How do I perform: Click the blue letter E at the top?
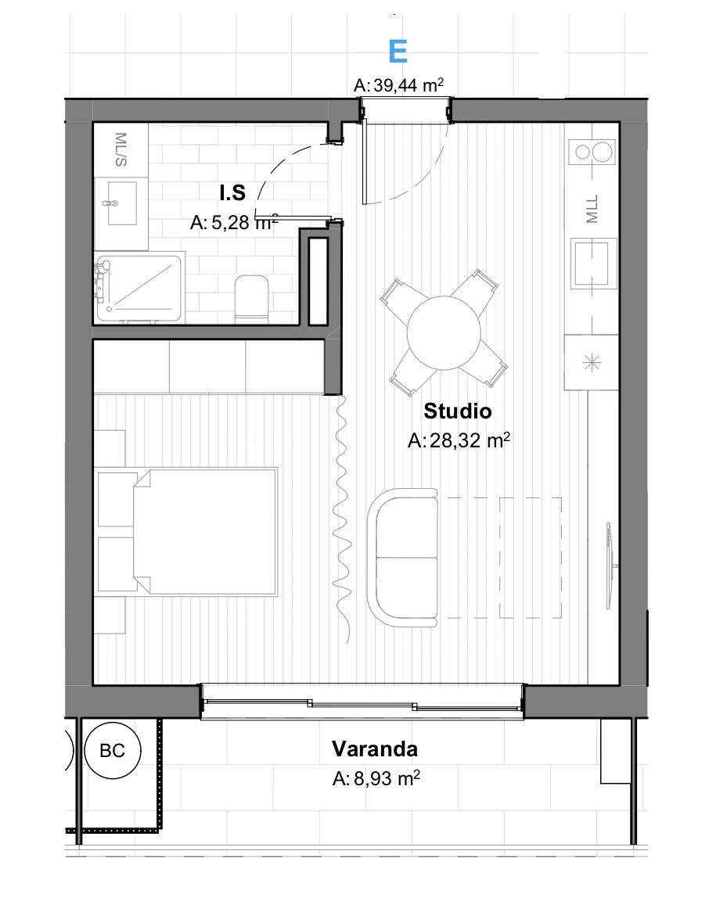pos(398,52)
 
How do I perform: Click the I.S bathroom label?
pos(232,193)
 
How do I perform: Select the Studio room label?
pos(458,411)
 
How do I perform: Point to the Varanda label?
pos(374,748)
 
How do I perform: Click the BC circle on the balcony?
pos(112,751)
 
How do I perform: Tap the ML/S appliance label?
pos(121,149)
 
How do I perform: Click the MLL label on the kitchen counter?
pos(592,209)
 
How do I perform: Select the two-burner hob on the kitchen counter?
pos(592,153)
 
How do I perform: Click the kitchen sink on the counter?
pos(593,264)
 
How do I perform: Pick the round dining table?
pos(444,333)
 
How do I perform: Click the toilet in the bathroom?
pos(252,296)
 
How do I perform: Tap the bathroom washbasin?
pos(121,203)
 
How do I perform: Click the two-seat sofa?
pos(402,558)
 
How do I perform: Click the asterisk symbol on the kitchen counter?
pos(592,363)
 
